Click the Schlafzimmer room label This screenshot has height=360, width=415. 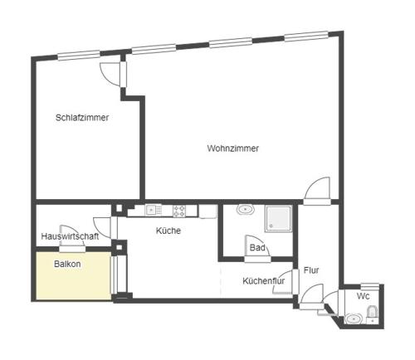(82, 118)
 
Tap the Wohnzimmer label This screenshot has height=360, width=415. (233, 148)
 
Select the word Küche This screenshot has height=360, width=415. (168, 231)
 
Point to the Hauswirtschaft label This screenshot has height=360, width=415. (70, 236)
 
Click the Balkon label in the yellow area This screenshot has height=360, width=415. (67, 264)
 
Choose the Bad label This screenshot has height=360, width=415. (257, 247)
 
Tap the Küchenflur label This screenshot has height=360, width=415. (264, 281)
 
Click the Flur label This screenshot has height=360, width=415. (311, 270)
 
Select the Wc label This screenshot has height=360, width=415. (363, 296)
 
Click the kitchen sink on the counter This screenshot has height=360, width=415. (154, 210)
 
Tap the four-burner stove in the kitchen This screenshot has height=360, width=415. (179, 211)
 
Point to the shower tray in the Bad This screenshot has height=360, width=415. (278, 218)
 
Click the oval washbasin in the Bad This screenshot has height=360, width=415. (246, 209)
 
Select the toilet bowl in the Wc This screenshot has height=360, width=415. (372, 313)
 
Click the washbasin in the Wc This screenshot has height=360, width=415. (353, 319)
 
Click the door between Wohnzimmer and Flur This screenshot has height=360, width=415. (317, 191)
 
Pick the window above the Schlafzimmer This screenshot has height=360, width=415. (79, 55)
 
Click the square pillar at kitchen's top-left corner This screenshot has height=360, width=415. (119, 208)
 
